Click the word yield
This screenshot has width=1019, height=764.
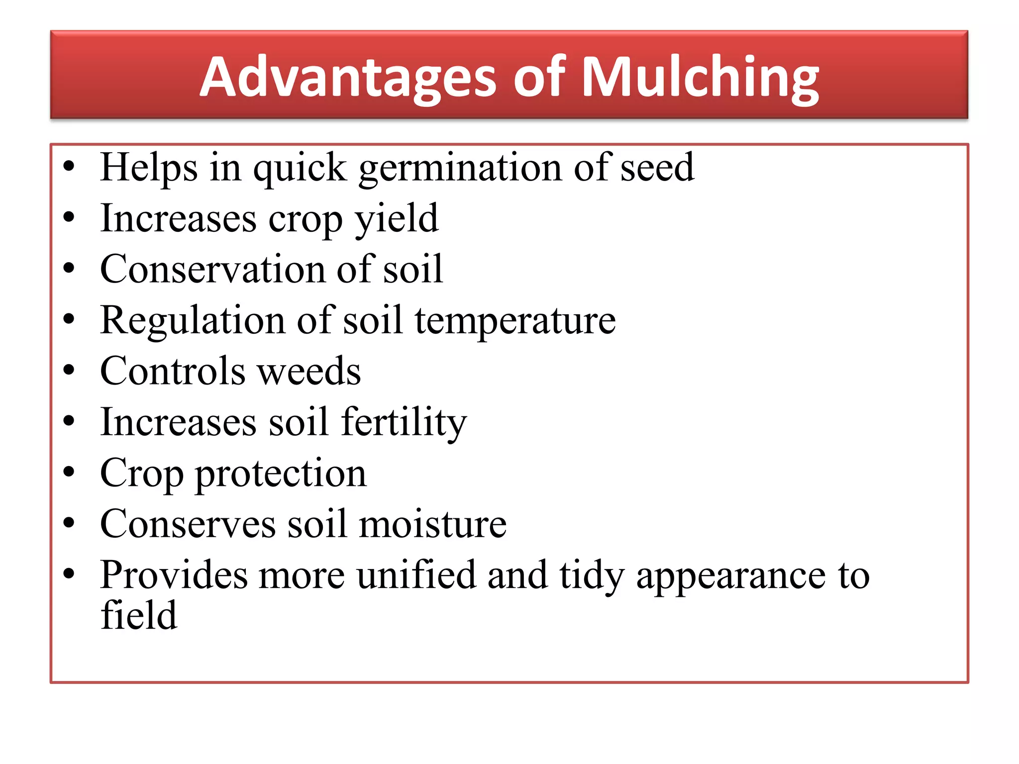click(x=397, y=219)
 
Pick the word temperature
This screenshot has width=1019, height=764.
click(x=515, y=321)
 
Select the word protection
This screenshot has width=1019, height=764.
click(x=281, y=474)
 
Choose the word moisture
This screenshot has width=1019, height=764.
click(x=432, y=524)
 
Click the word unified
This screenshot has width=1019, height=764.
click(x=416, y=575)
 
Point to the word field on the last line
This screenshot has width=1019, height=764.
click(x=139, y=615)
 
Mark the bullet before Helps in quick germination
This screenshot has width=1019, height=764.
click(x=69, y=166)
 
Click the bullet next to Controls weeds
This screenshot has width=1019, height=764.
click(x=69, y=370)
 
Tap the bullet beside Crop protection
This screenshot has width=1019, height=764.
click(x=69, y=472)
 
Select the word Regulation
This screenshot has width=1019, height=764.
click(x=193, y=321)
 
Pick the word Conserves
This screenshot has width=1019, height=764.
click(x=188, y=524)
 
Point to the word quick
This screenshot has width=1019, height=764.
click(x=300, y=168)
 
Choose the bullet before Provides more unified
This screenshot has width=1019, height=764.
click(x=69, y=573)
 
